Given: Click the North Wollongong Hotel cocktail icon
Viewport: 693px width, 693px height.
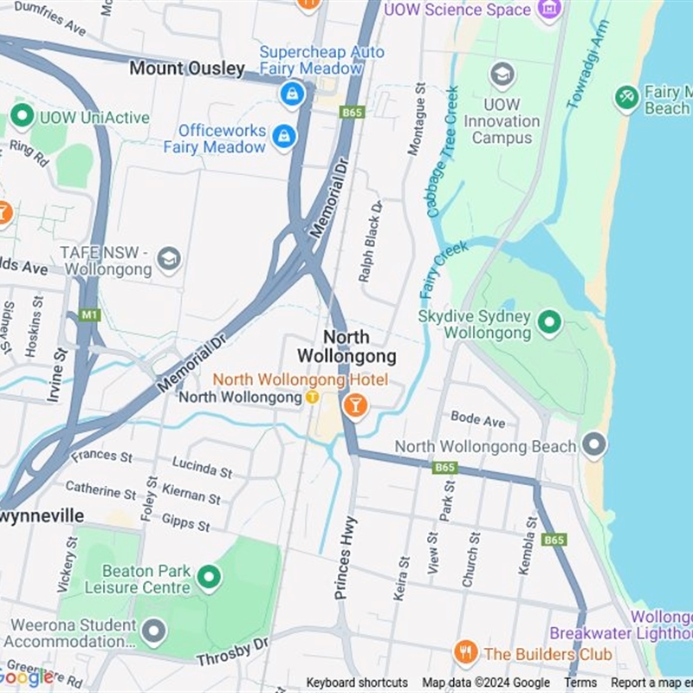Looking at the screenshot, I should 354,405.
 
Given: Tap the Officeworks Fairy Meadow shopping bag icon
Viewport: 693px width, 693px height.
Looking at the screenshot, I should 283,136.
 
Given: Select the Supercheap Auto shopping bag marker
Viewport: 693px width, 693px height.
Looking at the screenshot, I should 292,94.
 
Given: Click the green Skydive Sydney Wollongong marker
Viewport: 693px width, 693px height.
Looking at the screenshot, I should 549,323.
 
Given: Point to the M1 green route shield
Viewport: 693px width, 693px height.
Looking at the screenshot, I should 89,314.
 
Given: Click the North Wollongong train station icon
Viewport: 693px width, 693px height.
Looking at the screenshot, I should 312,397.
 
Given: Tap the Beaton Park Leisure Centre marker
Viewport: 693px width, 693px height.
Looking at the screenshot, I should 208,576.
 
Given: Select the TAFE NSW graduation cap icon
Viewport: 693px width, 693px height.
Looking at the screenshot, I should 169,258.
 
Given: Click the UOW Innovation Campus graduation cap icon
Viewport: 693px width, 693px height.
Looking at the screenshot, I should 502,76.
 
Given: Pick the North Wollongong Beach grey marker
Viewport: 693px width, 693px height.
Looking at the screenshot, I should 594,445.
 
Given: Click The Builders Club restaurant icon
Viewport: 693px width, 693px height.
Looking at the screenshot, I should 466,651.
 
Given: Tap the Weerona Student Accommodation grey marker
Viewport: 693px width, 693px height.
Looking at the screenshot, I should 153,631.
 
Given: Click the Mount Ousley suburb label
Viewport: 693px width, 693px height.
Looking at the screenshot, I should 186,68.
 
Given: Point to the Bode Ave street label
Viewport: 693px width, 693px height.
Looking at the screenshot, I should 477,419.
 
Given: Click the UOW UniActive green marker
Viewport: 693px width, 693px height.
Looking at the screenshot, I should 22,116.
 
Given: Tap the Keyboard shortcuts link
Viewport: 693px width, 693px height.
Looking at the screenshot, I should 357,683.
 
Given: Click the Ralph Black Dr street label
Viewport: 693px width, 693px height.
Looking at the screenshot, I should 371,241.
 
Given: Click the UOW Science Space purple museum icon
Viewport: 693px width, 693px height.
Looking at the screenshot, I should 549,10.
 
